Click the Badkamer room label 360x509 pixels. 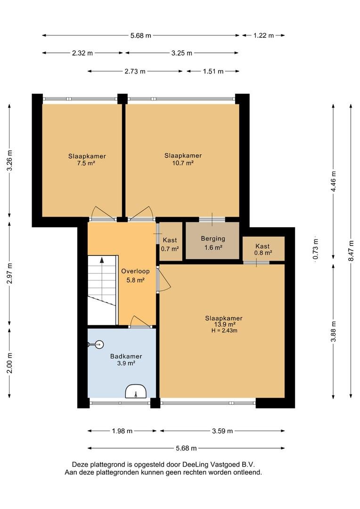click(126, 356)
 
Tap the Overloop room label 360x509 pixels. click(135, 271)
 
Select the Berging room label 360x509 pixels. click(213, 238)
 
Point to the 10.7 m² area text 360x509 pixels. click(183, 163)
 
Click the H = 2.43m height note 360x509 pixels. click(224, 331)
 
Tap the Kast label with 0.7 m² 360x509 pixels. click(170, 240)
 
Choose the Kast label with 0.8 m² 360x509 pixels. click(262, 246)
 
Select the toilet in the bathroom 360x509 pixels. click(96, 345)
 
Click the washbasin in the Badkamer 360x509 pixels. click(136, 391)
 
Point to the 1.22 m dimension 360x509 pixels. click(263, 35)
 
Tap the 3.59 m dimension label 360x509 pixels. click(222, 431)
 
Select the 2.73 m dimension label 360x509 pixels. click(135, 72)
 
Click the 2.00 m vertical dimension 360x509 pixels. click(10, 362)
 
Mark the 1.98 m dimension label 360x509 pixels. click(122, 431)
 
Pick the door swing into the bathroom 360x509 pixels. click(139, 321)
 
